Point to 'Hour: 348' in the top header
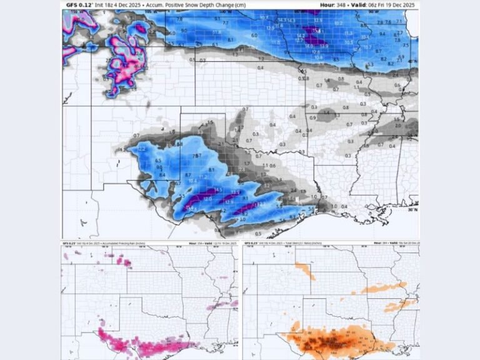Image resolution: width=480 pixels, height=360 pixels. (x=331, y=5)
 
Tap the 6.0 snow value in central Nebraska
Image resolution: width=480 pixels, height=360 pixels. (x=254, y=36)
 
